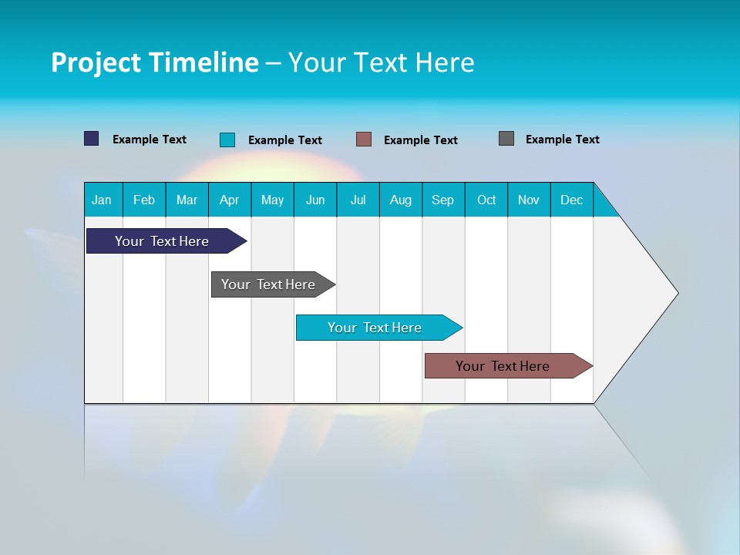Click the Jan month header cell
coord(103,200)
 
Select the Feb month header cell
coord(144,200)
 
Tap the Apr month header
coord(230,200)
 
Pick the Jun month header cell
coord(315,200)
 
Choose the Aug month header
coord(401,200)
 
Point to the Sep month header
coord(443,200)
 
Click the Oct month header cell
coord(486,200)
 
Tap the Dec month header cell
coord(572,200)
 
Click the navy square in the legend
coord(92,139)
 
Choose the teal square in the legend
coord(227,140)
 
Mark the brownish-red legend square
coord(364,140)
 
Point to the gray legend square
coord(506,139)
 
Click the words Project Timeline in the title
coord(155,62)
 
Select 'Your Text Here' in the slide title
coord(381,62)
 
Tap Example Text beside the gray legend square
coord(562,140)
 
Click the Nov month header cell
coord(529,200)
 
